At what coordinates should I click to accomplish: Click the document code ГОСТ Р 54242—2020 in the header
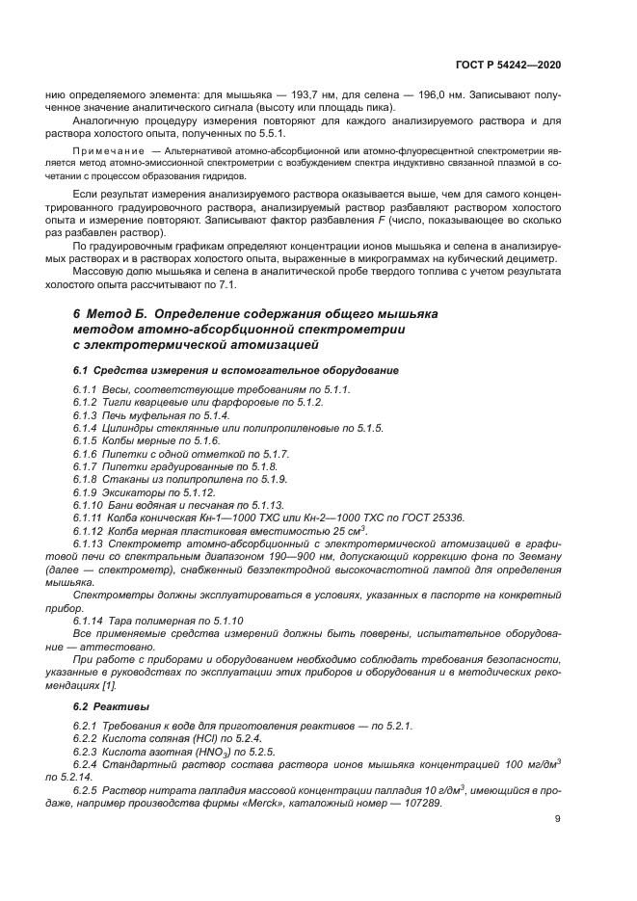pos(511,63)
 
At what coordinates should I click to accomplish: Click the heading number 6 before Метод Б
pos(77,315)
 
